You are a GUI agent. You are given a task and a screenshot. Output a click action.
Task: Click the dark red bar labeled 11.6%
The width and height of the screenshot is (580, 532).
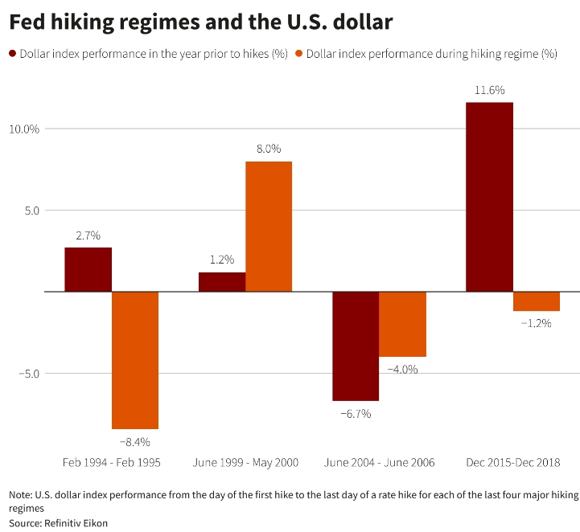point(489,197)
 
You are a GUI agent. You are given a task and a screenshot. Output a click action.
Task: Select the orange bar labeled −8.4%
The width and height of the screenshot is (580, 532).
point(135,360)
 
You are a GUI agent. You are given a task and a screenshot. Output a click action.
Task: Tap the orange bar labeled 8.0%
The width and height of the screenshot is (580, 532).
point(269,227)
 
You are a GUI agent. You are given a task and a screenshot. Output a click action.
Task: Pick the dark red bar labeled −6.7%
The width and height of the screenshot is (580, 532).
point(356,346)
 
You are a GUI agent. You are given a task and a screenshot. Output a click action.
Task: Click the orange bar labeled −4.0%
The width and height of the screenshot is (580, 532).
point(402,324)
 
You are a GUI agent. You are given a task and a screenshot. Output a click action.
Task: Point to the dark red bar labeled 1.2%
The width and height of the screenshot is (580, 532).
point(222,282)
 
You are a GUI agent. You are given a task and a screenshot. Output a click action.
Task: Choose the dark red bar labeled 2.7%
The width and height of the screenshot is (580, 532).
point(88,269)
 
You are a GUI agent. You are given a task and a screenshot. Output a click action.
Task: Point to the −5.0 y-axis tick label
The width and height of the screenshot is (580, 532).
point(28,373)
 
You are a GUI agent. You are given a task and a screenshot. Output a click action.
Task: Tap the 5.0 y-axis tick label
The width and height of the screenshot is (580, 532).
point(31,211)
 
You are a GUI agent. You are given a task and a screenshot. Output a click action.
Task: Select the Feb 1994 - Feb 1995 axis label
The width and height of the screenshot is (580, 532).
point(112,463)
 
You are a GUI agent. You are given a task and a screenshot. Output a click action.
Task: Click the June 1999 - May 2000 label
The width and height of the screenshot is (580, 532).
point(245,463)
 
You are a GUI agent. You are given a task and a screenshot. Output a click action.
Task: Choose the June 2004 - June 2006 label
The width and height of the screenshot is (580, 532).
point(379,463)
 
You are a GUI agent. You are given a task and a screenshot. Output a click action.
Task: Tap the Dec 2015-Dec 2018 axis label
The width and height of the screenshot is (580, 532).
point(512,463)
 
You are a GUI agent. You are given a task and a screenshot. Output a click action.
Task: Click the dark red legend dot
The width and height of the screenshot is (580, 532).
point(13,54)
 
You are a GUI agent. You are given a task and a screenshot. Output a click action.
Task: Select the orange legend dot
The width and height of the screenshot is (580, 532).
point(299,54)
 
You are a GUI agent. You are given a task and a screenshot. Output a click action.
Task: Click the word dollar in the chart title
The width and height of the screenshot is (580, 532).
point(364,23)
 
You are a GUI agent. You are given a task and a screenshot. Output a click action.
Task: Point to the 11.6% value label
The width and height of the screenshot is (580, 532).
point(489,89)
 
